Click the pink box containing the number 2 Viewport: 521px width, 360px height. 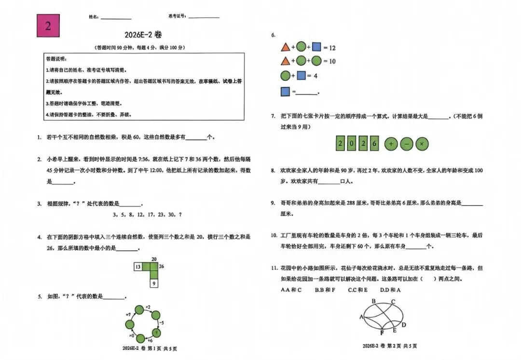click(x=48, y=26)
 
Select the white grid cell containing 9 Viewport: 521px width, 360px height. click(x=153, y=283)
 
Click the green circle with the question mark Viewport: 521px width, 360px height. click(x=157, y=332)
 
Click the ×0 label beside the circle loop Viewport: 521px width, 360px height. click(x=131, y=334)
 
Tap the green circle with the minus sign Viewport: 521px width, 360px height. click(x=407, y=143)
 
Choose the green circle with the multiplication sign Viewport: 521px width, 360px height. click(x=422, y=143)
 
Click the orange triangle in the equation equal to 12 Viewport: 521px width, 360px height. click(x=285, y=47)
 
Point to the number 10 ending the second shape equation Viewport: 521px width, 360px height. click(x=332, y=61)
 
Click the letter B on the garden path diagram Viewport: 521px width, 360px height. click(x=373, y=301)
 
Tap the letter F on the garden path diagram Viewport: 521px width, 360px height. click(x=382, y=332)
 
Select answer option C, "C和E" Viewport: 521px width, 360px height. click(x=357, y=290)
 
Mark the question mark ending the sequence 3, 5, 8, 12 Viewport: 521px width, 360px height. click(x=180, y=215)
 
